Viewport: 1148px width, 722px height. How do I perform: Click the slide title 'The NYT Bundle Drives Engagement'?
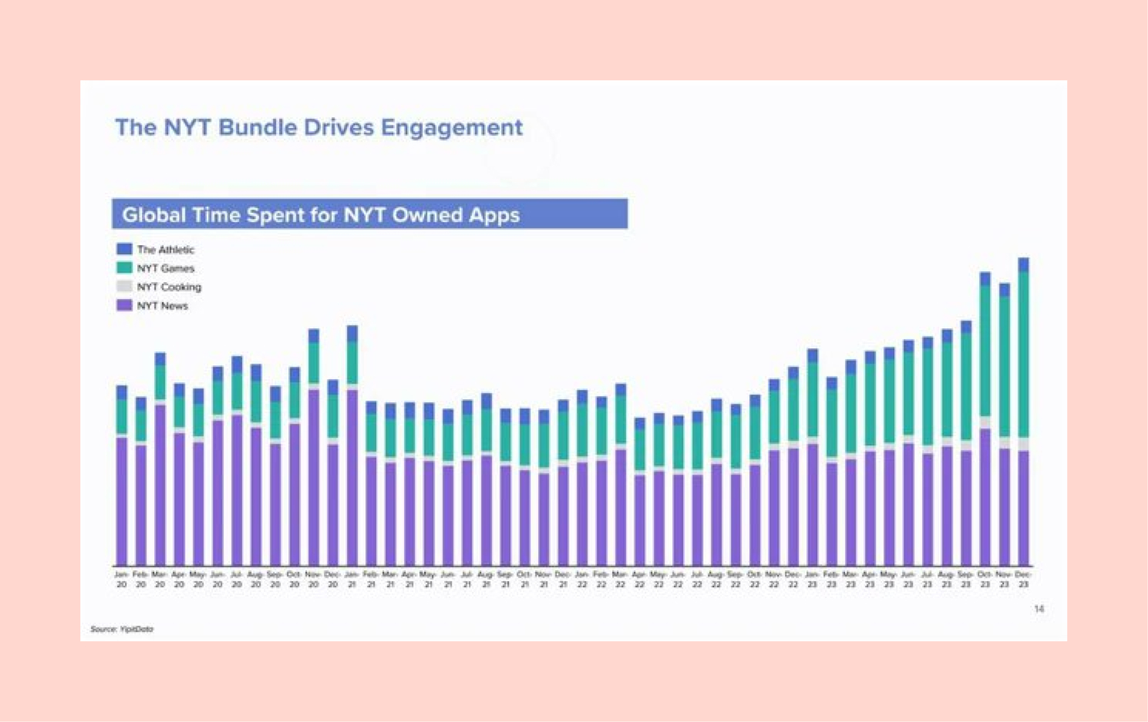(x=318, y=127)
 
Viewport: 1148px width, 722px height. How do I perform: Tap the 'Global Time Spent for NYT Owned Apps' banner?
(x=369, y=214)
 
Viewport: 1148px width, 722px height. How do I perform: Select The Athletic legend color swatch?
(x=124, y=249)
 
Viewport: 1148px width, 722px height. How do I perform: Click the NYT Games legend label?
(x=166, y=268)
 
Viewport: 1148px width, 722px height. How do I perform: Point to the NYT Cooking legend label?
(x=169, y=287)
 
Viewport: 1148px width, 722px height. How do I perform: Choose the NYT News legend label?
(x=162, y=306)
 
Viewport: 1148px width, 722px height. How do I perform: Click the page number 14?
(x=1039, y=609)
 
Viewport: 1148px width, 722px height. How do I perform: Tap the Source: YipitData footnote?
(x=122, y=629)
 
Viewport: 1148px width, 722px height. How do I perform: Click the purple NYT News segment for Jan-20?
(x=122, y=501)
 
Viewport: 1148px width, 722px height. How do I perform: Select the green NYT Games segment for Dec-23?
(x=1024, y=354)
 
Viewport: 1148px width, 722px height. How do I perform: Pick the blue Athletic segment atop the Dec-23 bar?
(x=1024, y=264)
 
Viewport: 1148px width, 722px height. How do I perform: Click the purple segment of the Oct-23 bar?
(x=985, y=497)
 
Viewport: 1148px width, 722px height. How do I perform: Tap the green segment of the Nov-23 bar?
(x=1005, y=366)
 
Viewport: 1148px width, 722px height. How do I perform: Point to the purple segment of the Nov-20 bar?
(x=314, y=478)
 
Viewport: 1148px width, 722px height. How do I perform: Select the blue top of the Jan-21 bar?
(x=352, y=333)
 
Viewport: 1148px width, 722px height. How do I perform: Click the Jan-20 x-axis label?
(x=122, y=579)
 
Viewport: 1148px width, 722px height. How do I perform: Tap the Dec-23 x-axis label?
(x=1024, y=579)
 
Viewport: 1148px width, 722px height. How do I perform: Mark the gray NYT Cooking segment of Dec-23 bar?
(x=1024, y=444)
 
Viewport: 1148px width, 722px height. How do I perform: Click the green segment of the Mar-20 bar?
(x=160, y=382)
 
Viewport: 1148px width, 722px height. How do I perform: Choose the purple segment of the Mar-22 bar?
(x=621, y=507)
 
